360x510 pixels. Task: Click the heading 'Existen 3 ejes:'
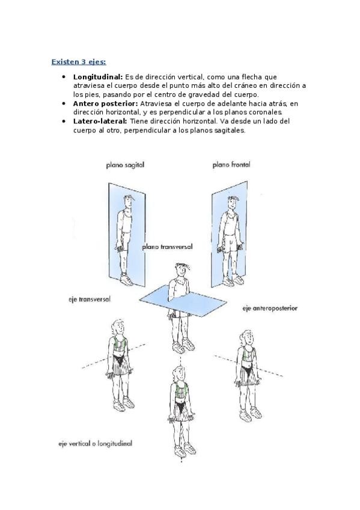click(x=79, y=62)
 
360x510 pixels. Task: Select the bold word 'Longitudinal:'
click(x=98, y=77)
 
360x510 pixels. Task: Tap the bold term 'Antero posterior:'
click(x=106, y=104)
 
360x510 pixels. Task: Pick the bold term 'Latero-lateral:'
click(x=100, y=121)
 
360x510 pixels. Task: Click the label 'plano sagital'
click(x=125, y=165)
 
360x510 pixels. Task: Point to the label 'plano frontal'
click(x=231, y=165)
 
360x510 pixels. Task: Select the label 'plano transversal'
click(x=167, y=247)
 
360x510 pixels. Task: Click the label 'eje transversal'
click(x=90, y=300)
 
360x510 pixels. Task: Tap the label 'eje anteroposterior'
click(x=270, y=308)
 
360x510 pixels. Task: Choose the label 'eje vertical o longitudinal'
click(x=95, y=443)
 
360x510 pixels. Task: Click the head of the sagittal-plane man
click(x=129, y=202)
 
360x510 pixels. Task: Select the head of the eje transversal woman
click(x=118, y=328)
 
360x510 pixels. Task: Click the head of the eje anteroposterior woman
click(x=247, y=338)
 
